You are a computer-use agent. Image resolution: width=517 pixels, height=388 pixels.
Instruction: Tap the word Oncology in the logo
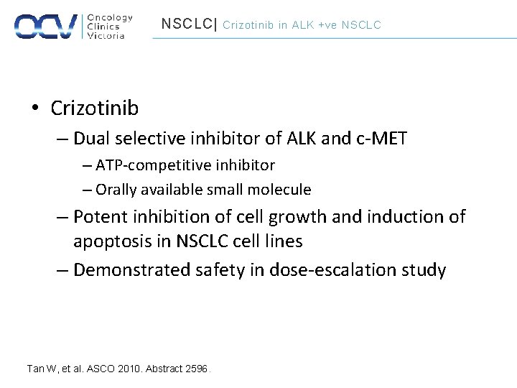pos(109,17)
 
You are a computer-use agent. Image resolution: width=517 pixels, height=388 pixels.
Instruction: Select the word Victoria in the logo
pos(106,36)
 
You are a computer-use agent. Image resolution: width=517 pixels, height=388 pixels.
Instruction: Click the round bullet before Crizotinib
pos(34,109)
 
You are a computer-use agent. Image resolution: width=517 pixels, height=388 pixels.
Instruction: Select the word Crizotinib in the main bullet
pos(95,108)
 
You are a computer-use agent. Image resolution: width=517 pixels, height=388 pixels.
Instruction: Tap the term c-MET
pos(381,138)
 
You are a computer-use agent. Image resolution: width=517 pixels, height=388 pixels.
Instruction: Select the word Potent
pos(99,216)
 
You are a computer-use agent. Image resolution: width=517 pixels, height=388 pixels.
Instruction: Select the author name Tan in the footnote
pos(35,369)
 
